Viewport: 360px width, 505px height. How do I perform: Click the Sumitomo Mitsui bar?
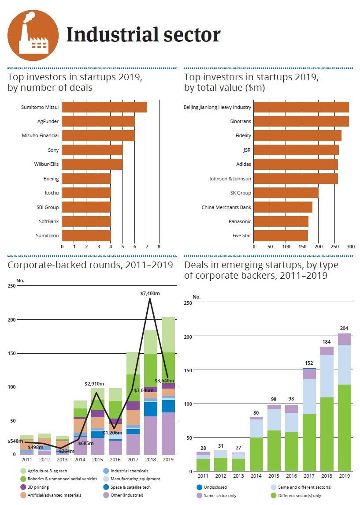tap(104, 107)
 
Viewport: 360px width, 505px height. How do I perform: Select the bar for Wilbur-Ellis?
tap(92, 165)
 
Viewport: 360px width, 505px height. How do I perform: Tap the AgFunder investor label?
tap(48, 121)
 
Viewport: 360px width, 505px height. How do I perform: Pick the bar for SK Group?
tap(286, 193)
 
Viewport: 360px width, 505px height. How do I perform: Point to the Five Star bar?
tap(281, 236)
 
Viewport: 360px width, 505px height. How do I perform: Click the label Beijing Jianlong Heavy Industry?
tap(217, 107)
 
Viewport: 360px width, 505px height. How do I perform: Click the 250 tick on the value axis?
tap(335, 247)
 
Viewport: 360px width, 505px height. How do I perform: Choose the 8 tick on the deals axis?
tap(159, 247)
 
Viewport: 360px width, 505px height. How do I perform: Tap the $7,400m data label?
tap(150, 293)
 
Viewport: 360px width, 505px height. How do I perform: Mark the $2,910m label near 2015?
tap(94, 384)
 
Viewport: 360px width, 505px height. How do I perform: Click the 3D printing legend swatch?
tap(23, 487)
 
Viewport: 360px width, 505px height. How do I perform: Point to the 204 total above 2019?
tap(345, 328)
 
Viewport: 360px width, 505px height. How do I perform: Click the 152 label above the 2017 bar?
tap(309, 363)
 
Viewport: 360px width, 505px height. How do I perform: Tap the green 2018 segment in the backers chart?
tap(327, 434)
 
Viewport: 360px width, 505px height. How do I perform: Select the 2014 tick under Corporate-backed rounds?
tap(80, 460)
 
